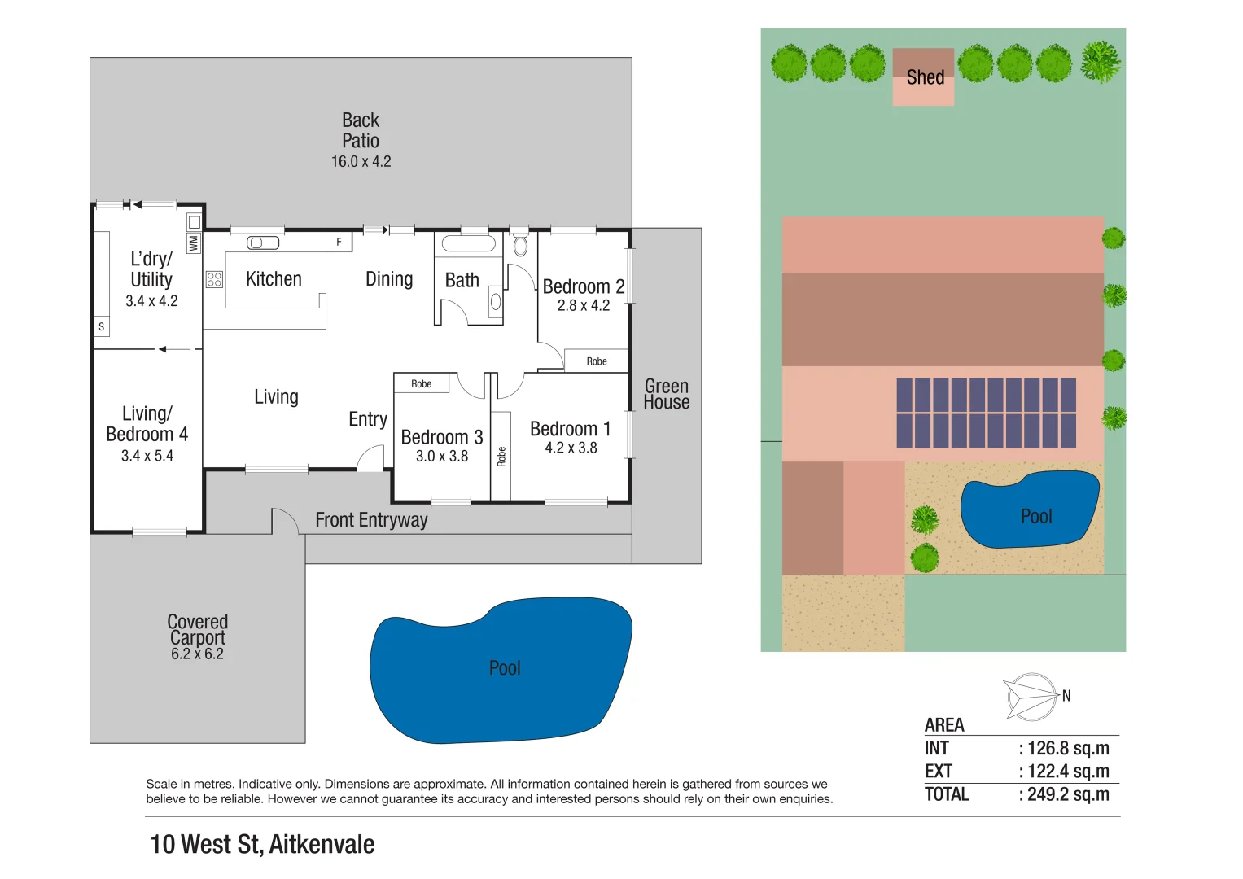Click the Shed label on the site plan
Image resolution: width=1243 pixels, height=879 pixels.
(x=925, y=77)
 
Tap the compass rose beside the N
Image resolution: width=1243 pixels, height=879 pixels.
(x=1031, y=697)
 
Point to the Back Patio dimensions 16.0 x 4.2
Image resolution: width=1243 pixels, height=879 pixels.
(x=361, y=161)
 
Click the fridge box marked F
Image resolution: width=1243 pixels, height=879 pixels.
(x=339, y=242)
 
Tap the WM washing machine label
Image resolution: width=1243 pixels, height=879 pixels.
(x=194, y=243)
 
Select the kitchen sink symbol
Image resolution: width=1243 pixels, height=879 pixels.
(x=263, y=243)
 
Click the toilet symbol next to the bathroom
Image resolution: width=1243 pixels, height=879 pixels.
(x=520, y=243)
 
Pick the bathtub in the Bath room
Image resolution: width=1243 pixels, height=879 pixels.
(x=468, y=243)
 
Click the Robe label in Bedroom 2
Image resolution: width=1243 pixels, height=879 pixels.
(x=597, y=362)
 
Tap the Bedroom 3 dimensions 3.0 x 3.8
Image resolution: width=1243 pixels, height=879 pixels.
(x=442, y=456)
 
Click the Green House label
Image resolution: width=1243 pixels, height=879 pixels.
(x=667, y=394)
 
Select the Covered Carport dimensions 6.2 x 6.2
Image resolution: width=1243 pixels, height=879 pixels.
(x=198, y=654)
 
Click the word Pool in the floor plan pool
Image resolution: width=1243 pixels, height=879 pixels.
(x=505, y=668)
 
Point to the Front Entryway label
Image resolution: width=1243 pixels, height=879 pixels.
(x=371, y=520)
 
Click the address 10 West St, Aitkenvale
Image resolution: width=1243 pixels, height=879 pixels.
(x=262, y=845)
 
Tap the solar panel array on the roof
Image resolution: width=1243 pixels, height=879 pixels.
(x=986, y=413)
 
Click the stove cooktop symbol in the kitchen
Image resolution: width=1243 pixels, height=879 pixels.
(x=214, y=279)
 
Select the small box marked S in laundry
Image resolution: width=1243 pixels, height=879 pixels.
(x=102, y=327)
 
